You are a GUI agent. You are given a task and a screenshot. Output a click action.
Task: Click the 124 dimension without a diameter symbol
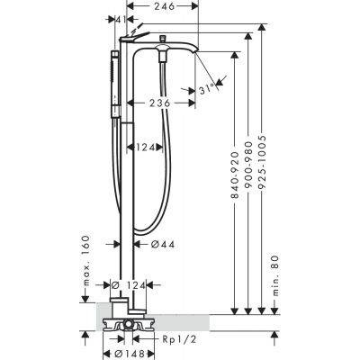(x=148, y=146)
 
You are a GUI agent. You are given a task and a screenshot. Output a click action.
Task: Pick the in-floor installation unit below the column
(x=128, y=324)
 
